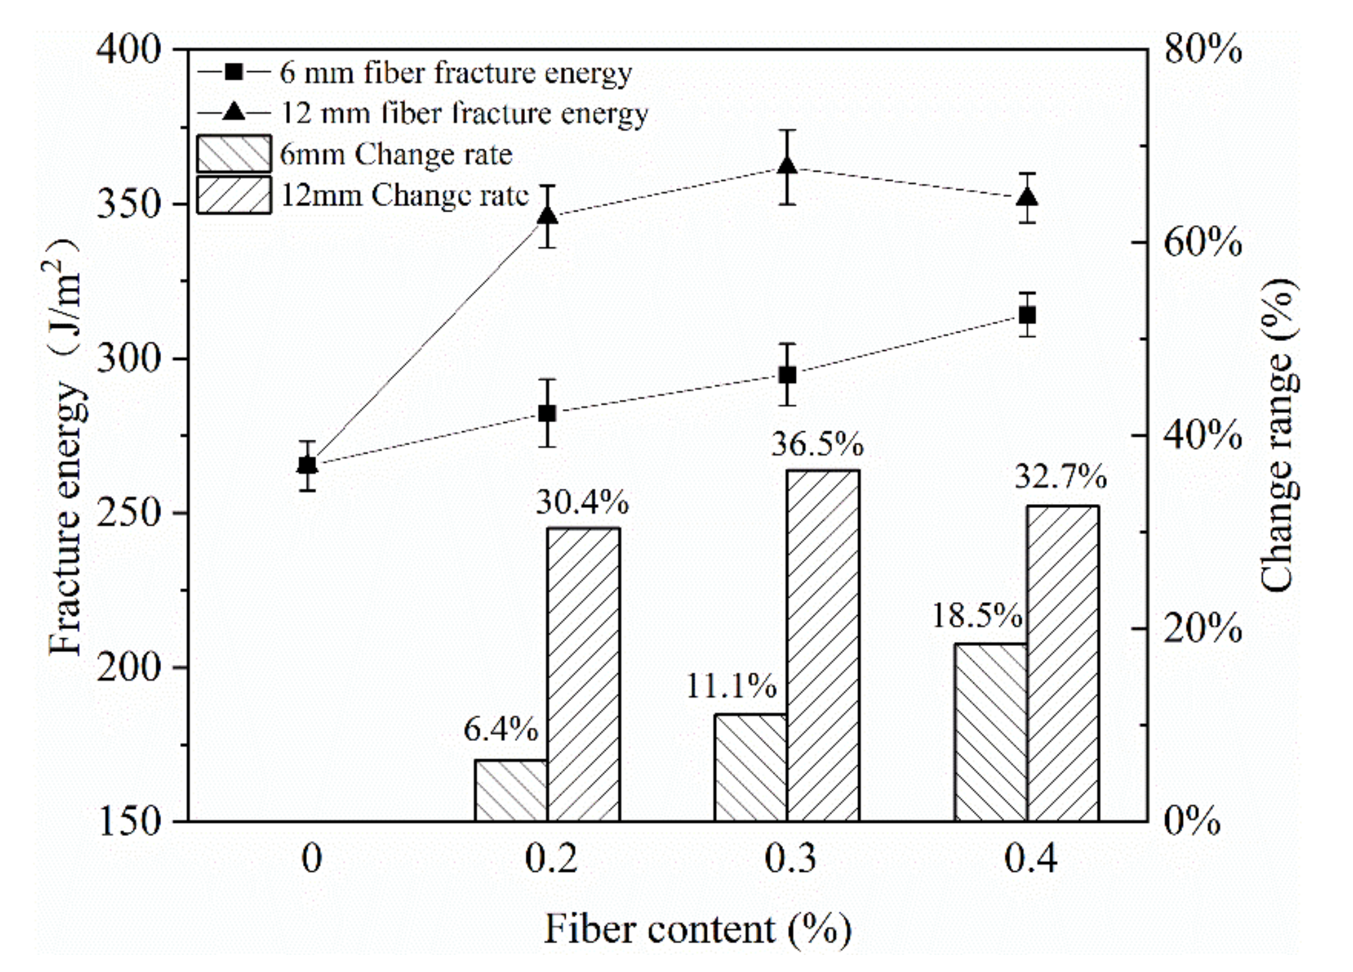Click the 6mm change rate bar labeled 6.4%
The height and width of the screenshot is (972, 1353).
(x=511, y=790)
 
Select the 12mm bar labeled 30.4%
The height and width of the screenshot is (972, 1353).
(x=583, y=674)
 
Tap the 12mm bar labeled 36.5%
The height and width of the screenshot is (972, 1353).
(x=823, y=645)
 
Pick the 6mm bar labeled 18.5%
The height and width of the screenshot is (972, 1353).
(x=990, y=732)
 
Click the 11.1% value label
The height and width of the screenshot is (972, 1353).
(x=731, y=686)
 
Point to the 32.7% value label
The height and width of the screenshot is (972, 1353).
(x=1060, y=477)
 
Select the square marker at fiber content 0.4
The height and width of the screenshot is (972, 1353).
(x=1028, y=315)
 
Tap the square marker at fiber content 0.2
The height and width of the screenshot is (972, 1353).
(x=547, y=413)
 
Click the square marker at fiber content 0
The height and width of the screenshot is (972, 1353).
(x=308, y=465)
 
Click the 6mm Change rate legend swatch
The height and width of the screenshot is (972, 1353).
(x=234, y=154)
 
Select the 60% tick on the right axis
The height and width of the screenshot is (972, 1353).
(x=1203, y=243)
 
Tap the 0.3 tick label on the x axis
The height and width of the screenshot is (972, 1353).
(x=790, y=857)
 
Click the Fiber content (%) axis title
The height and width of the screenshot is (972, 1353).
(x=698, y=929)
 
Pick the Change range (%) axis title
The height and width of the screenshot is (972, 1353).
(x=1278, y=435)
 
